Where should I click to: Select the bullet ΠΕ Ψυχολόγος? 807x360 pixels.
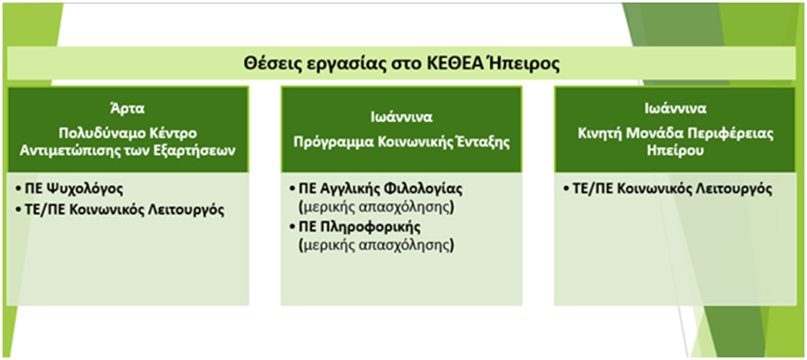[69, 188]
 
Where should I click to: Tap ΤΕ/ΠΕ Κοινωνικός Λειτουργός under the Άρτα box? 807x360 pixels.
[119, 211]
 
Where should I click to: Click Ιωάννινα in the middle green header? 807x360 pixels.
[401, 117]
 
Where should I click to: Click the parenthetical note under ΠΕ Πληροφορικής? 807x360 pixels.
[377, 246]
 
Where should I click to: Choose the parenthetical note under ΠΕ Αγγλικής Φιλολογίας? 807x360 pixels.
[377, 208]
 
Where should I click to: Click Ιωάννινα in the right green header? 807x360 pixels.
[674, 109]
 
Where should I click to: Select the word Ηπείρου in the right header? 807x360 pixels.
[674, 153]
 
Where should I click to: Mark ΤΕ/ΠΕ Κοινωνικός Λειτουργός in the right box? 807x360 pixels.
[667, 189]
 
